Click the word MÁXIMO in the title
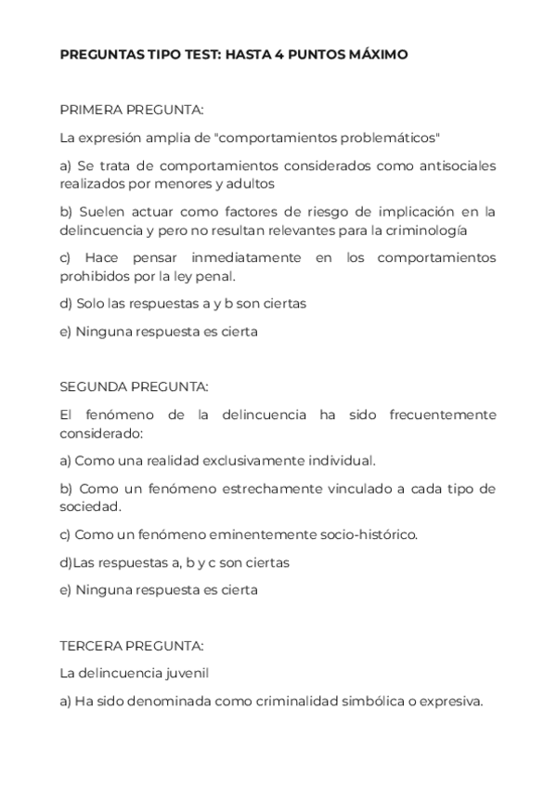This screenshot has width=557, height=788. (372, 55)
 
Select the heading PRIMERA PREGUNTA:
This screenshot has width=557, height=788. (132, 110)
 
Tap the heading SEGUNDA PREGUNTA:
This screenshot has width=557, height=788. (135, 386)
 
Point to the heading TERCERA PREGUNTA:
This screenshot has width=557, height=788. (132, 644)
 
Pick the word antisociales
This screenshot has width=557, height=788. (451, 165)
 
